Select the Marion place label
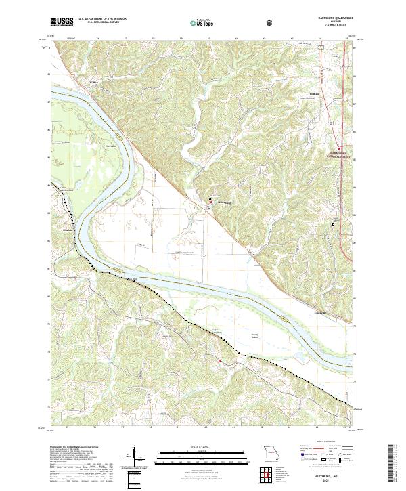pos(67,231)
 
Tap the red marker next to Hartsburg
pos(210,199)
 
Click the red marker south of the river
pos(219,362)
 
